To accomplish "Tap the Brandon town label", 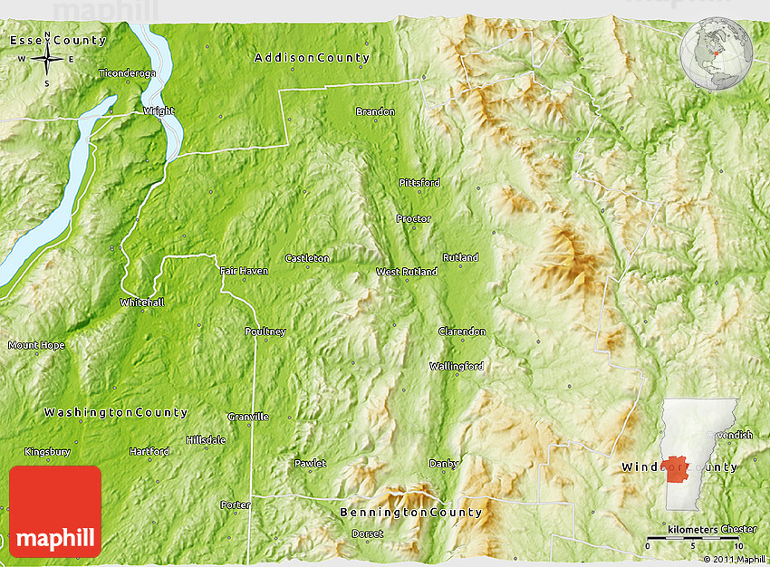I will tap(375, 111).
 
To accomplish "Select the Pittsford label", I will tap(419, 183).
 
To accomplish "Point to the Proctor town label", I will tap(413, 219).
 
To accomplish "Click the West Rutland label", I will tap(407, 272).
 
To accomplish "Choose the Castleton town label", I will tap(307, 258).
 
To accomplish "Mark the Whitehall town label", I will tap(142, 303).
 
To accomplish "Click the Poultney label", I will tap(265, 332).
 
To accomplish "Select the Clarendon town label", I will tap(462, 332).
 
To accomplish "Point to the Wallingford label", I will tap(457, 367).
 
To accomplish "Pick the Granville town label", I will tap(248, 418).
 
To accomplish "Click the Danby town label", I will tap(444, 464).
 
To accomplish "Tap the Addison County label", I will tap(312, 58).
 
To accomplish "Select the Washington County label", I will tap(116, 413).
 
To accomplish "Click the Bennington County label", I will tap(410, 513).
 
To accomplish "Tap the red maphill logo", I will tap(55, 511).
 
